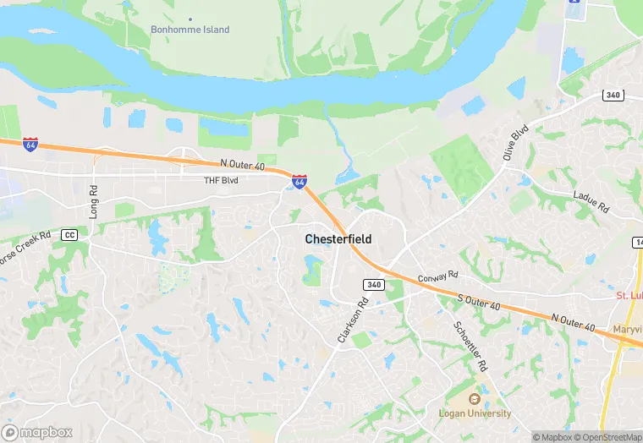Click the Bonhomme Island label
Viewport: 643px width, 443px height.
click(190, 30)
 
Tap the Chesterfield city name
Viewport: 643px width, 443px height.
click(338, 239)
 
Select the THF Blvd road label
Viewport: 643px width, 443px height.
click(222, 180)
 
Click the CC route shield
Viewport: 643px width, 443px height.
click(69, 235)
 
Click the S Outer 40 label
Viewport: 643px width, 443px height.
click(480, 301)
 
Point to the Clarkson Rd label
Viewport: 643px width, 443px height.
click(353, 319)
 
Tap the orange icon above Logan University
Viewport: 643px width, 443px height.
click(474, 399)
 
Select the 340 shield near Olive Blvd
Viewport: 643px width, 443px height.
click(613, 95)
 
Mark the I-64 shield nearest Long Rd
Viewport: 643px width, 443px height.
click(30, 145)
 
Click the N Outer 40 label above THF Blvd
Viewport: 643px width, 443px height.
click(242, 164)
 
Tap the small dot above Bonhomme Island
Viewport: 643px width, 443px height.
click(190, 18)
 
